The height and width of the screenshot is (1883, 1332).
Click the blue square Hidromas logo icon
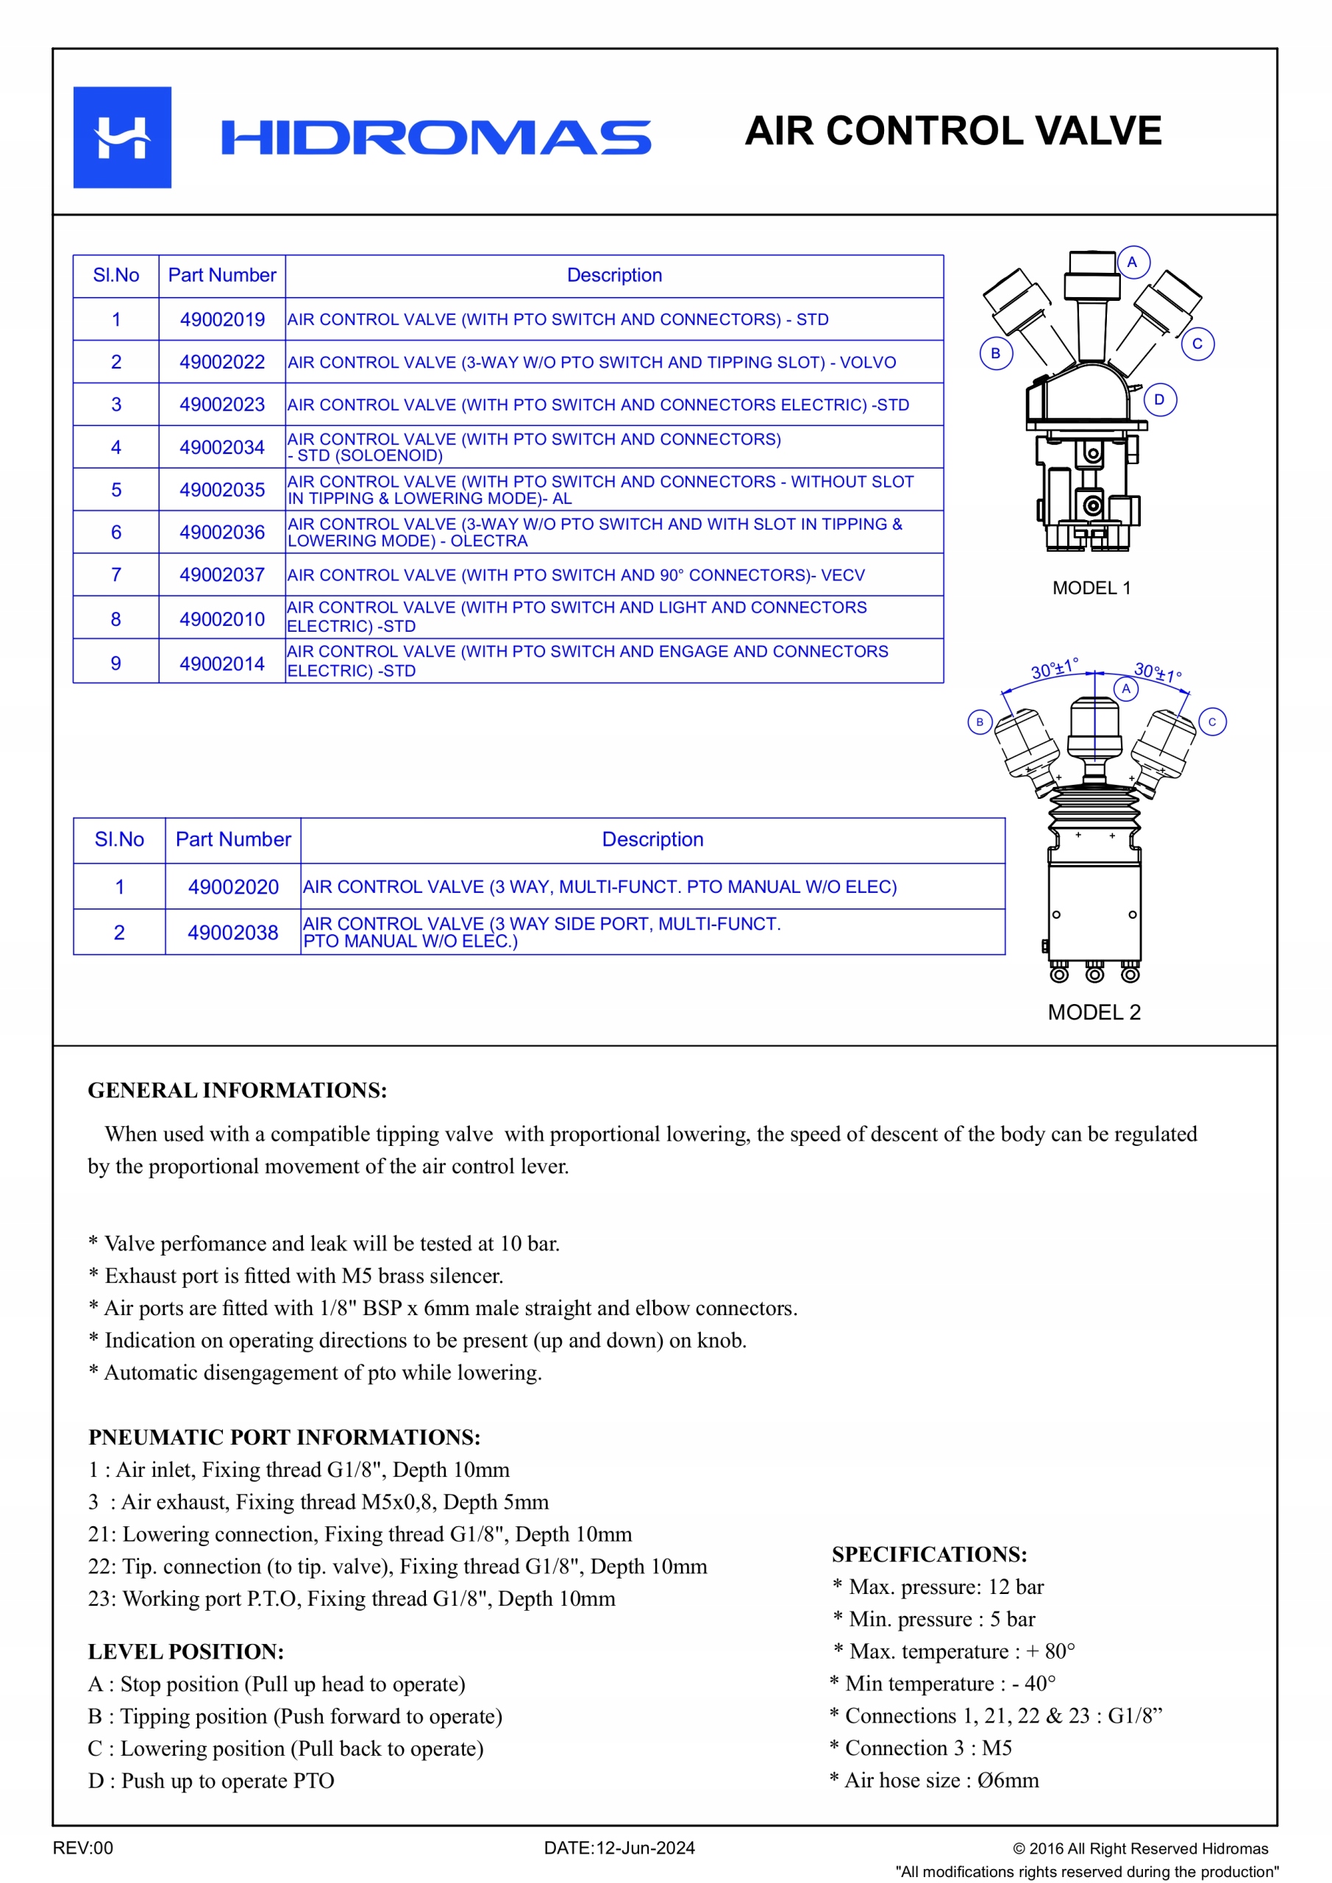[x=122, y=137]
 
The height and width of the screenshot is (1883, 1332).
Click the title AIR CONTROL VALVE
[x=952, y=131]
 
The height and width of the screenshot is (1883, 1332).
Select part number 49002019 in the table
[x=222, y=319]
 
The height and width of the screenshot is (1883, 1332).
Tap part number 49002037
[x=222, y=575]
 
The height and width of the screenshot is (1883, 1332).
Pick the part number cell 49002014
[x=222, y=663]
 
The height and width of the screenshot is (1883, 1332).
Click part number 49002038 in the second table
[x=233, y=933]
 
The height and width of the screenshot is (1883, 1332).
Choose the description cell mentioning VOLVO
[x=591, y=363]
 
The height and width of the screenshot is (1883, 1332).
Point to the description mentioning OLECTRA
[x=594, y=533]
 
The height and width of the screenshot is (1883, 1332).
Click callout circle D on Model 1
[x=1159, y=399]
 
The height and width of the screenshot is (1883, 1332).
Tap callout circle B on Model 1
[x=996, y=354]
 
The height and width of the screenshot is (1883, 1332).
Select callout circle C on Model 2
[x=1211, y=722]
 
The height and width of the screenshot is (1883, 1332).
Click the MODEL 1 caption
[x=1091, y=588]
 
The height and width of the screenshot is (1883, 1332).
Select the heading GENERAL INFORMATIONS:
[x=237, y=1090]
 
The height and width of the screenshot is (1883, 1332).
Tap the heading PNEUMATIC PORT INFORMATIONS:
[x=284, y=1437]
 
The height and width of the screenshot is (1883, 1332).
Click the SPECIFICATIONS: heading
[x=928, y=1554]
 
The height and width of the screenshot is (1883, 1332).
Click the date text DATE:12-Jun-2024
[x=619, y=1848]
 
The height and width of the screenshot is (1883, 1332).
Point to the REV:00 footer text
[x=83, y=1848]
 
